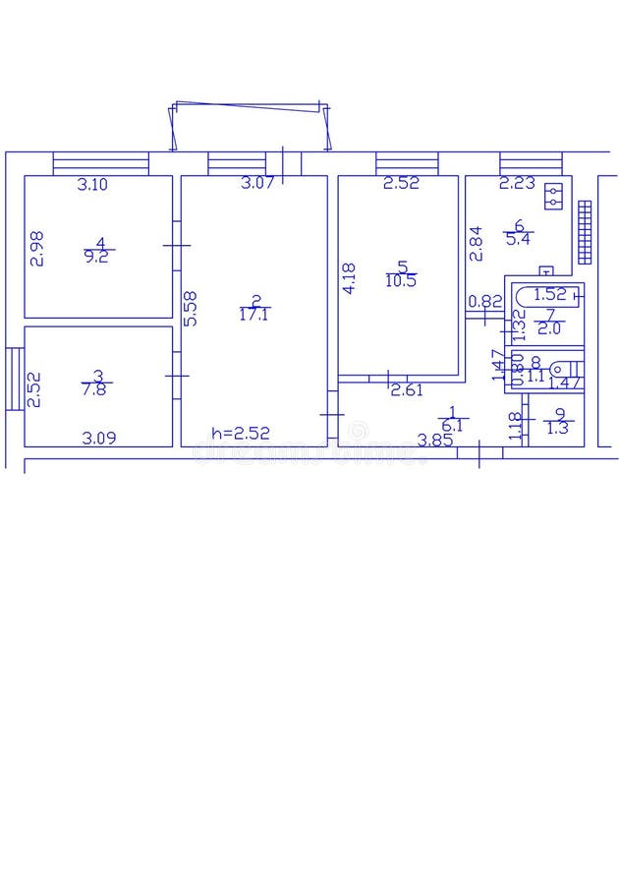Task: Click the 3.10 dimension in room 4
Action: pyautogui.click(x=93, y=184)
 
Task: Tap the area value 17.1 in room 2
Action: pyautogui.click(x=254, y=315)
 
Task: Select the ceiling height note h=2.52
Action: pyautogui.click(x=240, y=433)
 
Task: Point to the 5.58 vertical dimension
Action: pyautogui.click(x=191, y=308)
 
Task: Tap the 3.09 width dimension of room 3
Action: pyautogui.click(x=98, y=439)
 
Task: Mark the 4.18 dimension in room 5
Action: pyautogui.click(x=349, y=277)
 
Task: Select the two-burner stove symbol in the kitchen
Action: pyautogui.click(x=555, y=197)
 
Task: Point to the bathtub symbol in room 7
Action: pyautogui.click(x=545, y=293)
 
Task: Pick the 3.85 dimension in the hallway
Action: pyautogui.click(x=434, y=441)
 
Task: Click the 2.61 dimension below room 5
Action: pyautogui.click(x=407, y=390)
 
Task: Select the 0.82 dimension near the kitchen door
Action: pyautogui.click(x=484, y=302)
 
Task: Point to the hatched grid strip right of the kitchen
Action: pyautogui.click(x=586, y=232)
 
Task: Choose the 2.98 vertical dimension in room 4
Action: pyautogui.click(x=36, y=248)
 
